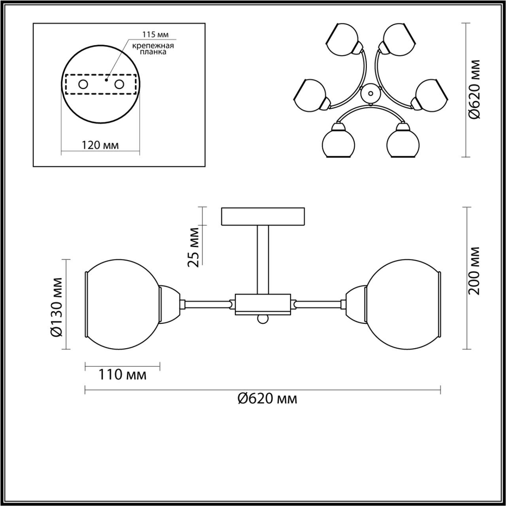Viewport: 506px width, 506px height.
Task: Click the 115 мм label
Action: click(156, 35)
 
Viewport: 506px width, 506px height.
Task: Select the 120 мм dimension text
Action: click(100, 145)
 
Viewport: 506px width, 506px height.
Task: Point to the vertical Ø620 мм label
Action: click(474, 89)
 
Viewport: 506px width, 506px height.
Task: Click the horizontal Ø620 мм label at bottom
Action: click(267, 399)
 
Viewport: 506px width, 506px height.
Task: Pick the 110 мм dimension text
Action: click(122, 375)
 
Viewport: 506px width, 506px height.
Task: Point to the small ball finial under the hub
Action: click(262, 319)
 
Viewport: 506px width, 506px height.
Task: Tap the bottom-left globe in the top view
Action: click(338, 144)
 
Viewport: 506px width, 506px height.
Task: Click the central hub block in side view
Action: click(263, 304)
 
